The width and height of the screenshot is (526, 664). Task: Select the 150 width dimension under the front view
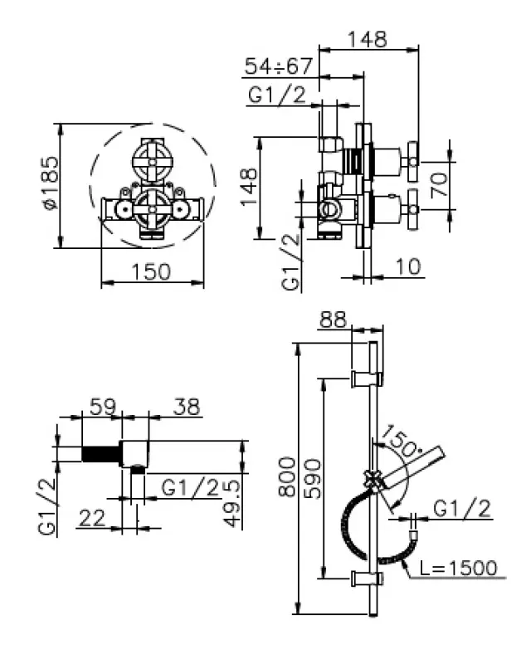(152, 271)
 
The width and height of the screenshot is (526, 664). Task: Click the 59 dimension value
(102, 407)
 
